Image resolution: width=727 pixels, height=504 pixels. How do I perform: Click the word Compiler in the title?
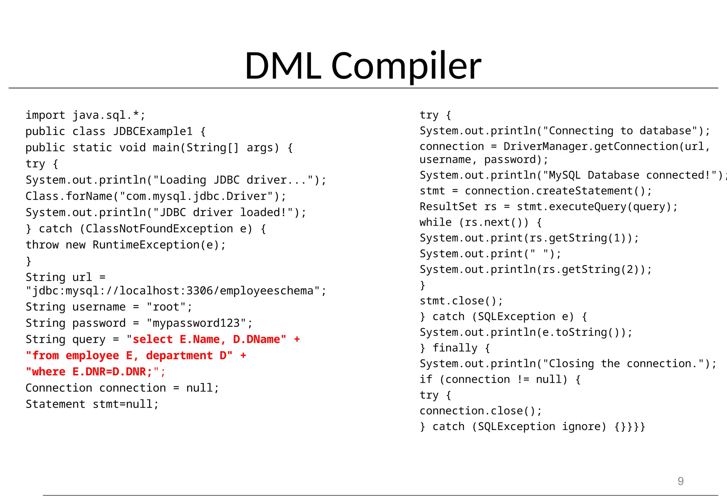click(x=406, y=66)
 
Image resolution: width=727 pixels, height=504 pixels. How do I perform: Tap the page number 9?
click(x=680, y=481)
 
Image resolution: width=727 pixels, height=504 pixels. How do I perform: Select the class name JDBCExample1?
click(x=153, y=132)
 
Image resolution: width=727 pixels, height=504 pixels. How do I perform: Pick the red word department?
click(x=179, y=355)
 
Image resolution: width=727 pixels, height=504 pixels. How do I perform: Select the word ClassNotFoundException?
click(x=159, y=229)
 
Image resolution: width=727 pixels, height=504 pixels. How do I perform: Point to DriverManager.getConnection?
click(x=591, y=146)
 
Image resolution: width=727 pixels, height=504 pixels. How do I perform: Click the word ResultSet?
click(x=448, y=207)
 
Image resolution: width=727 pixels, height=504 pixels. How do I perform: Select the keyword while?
click(x=436, y=222)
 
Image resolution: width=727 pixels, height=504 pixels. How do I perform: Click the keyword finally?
click(x=455, y=348)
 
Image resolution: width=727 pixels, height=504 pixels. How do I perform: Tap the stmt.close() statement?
click(x=461, y=301)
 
